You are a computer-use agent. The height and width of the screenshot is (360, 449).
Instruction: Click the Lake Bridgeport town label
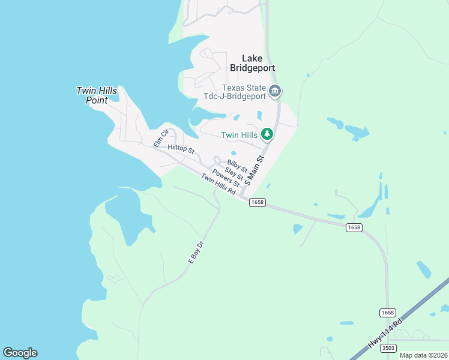pyautogui.click(x=252, y=63)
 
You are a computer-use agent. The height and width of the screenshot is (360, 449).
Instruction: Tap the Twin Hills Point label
pyautogui.click(x=97, y=95)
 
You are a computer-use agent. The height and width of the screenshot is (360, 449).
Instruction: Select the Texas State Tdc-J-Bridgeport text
pyautogui.click(x=244, y=92)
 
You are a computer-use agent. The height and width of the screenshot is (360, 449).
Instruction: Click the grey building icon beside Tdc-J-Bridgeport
pyautogui.click(x=275, y=92)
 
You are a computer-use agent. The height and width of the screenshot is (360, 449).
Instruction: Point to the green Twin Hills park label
pyautogui.click(x=239, y=136)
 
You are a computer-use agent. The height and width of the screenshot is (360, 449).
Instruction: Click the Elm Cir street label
pyautogui.click(x=160, y=138)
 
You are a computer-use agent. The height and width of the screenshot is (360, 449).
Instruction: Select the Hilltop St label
pyautogui.click(x=181, y=148)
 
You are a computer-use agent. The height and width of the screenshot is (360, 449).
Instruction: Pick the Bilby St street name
pyautogui.click(x=237, y=166)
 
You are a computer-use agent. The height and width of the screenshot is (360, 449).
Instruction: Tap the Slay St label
pyautogui.click(x=234, y=173)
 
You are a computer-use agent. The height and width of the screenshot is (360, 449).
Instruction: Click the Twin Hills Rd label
pyautogui.click(x=218, y=183)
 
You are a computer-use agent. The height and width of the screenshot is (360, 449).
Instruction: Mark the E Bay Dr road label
pyautogui.click(x=196, y=252)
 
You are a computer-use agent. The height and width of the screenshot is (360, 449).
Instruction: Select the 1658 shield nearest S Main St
pyautogui.click(x=256, y=203)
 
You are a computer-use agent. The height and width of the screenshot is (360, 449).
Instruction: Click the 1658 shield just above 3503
pyautogui.click(x=388, y=313)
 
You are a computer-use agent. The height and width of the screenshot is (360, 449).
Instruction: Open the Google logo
pyautogui.click(x=20, y=353)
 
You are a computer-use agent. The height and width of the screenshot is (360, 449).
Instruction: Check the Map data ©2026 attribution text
pyautogui.click(x=423, y=355)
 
